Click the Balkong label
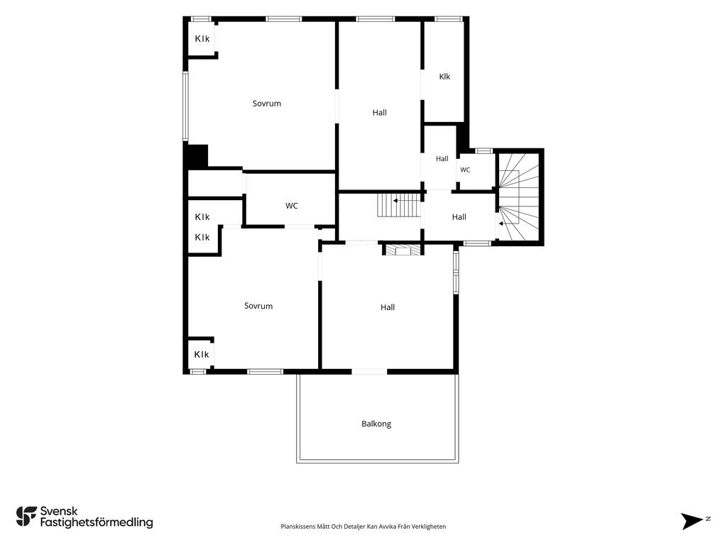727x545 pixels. pyautogui.click(x=376, y=424)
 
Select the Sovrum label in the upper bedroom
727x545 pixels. pyautogui.click(x=267, y=104)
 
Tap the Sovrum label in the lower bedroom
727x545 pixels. pyautogui.click(x=258, y=306)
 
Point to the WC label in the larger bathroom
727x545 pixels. pyautogui.click(x=291, y=206)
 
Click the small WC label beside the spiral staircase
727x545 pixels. pyautogui.click(x=465, y=170)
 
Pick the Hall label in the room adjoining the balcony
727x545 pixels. pyautogui.click(x=388, y=307)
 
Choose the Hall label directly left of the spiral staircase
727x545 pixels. pyautogui.click(x=459, y=217)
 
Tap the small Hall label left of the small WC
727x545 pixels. pyautogui.click(x=442, y=158)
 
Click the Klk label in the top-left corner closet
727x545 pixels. pyautogui.click(x=202, y=39)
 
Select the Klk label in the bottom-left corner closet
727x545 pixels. pyautogui.click(x=202, y=355)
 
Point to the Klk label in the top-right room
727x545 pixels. pyautogui.click(x=444, y=77)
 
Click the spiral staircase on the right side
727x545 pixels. pyautogui.click(x=518, y=197)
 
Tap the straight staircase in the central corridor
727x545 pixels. pyautogui.click(x=399, y=205)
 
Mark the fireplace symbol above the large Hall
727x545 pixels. pyautogui.click(x=403, y=251)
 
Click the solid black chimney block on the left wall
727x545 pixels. pyautogui.click(x=196, y=156)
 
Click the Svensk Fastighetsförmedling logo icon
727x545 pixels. pyautogui.click(x=26, y=517)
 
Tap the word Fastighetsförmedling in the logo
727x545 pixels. pyautogui.click(x=97, y=522)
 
